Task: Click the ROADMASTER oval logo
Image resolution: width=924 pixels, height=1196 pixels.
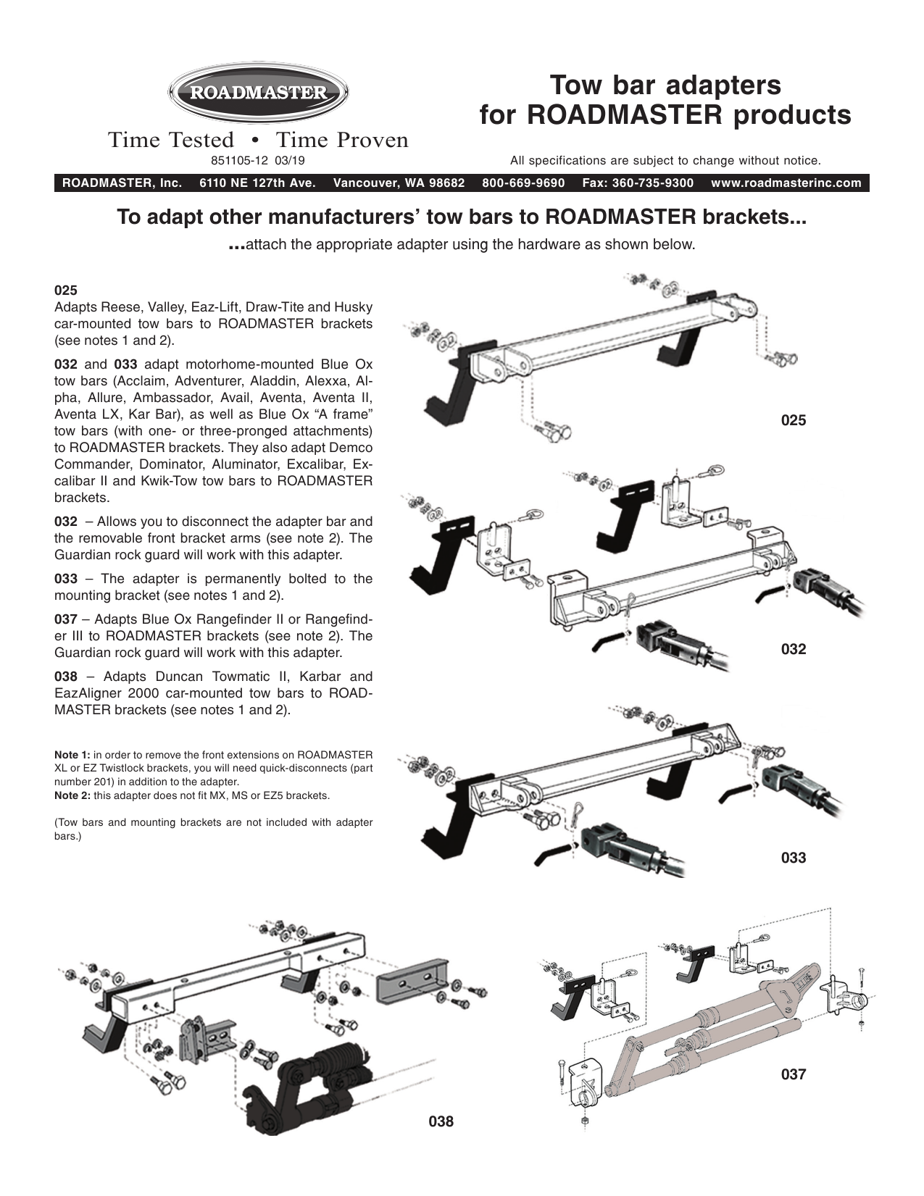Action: click(259, 93)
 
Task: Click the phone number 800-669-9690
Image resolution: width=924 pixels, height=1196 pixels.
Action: click(523, 183)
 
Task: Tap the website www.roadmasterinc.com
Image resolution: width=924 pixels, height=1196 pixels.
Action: click(786, 183)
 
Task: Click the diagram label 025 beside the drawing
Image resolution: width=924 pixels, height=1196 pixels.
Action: click(793, 420)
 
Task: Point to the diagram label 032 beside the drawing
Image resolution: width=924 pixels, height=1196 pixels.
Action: click(793, 649)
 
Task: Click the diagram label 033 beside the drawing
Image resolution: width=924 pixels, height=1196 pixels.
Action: click(793, 858)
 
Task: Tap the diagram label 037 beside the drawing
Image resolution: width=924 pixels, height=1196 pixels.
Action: click(793, 1074)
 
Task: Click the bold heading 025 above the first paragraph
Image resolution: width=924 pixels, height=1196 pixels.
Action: click(65, 290)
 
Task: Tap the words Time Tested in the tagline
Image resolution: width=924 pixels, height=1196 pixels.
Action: click(171, 140)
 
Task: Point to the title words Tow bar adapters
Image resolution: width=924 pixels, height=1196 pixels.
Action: click(665, 85)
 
